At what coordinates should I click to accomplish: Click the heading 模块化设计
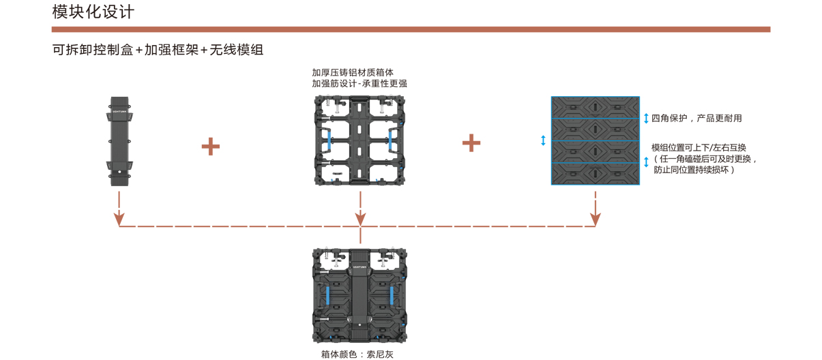click(x=93, y=12)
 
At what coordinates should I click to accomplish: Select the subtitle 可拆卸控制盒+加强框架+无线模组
click(x=158, y=50)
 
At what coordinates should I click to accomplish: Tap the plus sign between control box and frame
click(x=211, y=147)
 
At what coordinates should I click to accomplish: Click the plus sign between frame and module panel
click(x=471, y=143)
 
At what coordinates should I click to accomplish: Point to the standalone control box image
click(x=119, y=141)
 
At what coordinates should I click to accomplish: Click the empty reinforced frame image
click(x=359, y=140)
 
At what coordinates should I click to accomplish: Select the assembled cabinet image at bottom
click(x=359, y=295)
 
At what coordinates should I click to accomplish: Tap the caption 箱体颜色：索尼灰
click(x=357, y=354)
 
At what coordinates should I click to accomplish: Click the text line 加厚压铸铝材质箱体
click(x=353, y=72)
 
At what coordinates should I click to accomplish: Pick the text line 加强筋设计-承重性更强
click(x=359, y=84)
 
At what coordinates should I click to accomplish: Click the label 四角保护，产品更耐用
click(x=696, y=118)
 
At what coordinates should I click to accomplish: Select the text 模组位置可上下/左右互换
click(x=699, y=147)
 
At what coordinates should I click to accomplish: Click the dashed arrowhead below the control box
click(x=119, y=220)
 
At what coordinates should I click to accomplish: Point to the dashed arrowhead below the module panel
click(x=596, y=220)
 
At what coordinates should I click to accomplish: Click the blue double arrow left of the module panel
click(x=543, y=140)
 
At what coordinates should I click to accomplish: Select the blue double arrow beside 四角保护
click(x=646, y=118)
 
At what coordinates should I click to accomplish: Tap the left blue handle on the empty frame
click(x=329, y=141)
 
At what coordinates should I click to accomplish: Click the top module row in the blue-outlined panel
click(x=596, y=108)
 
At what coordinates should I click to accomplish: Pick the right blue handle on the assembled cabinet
click(x=392, y=295)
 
